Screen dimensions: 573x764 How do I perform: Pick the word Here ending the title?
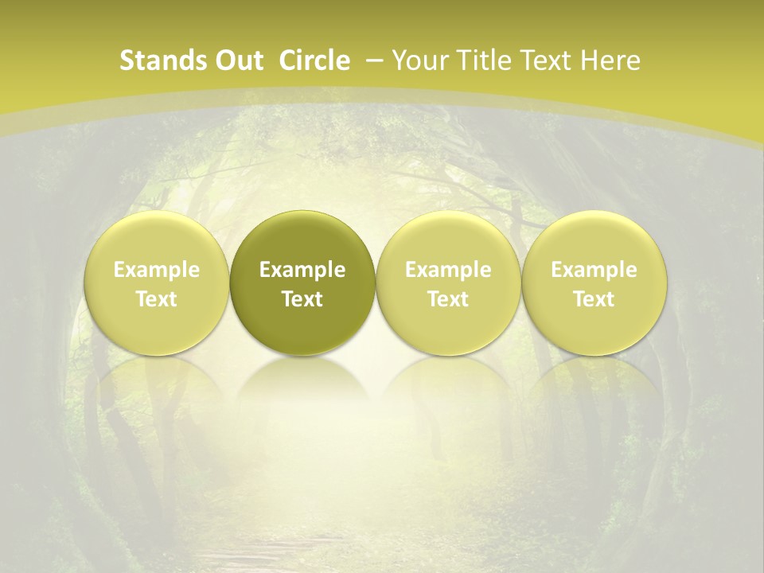click(x=610, y=60)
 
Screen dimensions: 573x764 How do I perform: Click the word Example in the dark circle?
click(x=302, y=270)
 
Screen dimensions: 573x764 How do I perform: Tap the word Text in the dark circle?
click(x=302, y=299)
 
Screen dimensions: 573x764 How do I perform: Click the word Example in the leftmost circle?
click(x=156, y=270)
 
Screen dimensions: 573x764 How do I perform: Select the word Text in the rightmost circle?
click(x=594, y=299)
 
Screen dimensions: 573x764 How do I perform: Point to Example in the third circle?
click(x=448, y=270)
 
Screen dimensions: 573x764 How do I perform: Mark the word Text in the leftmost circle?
click(x=156, y=299)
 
